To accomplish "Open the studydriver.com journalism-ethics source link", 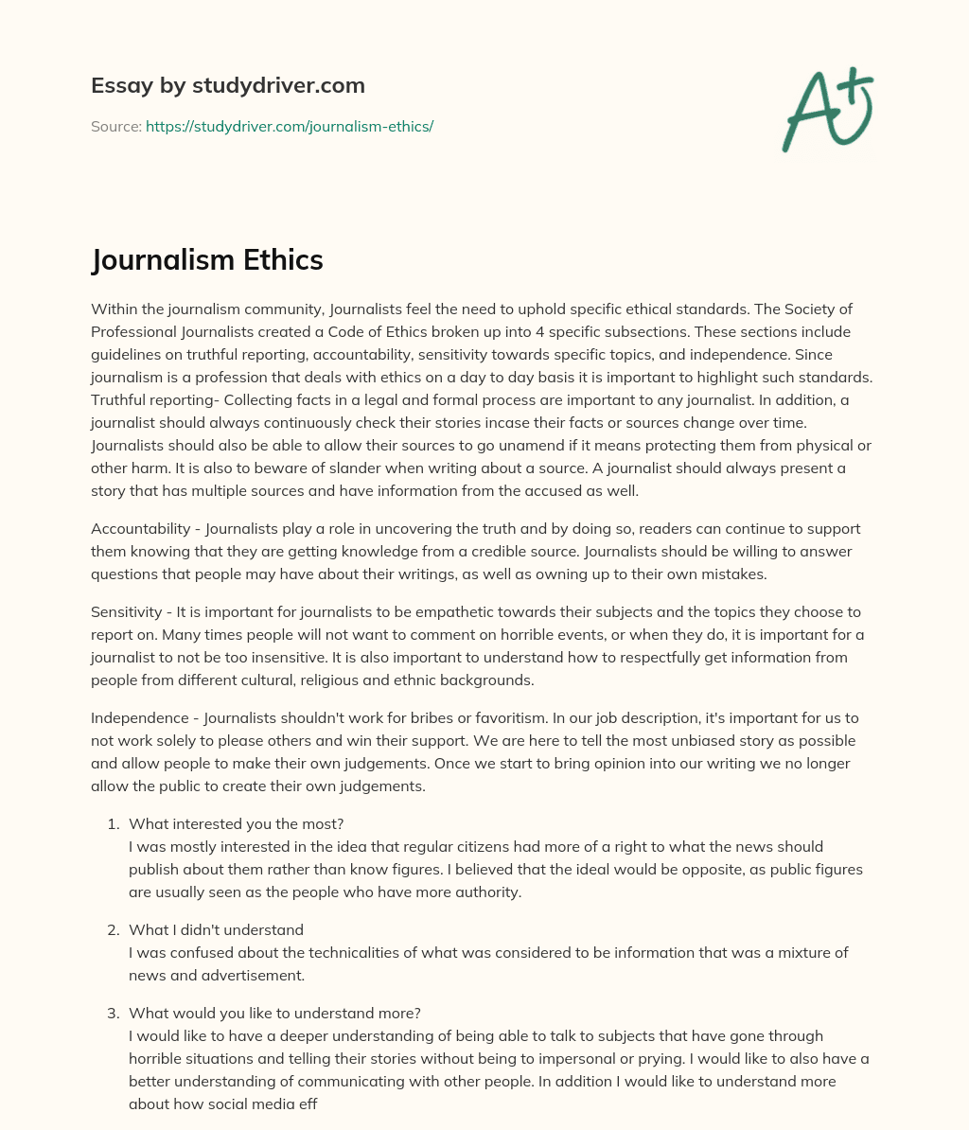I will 289,126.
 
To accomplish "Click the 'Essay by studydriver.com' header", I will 227,85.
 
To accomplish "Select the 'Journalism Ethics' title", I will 207,259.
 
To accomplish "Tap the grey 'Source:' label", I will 115,126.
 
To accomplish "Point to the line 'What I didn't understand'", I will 216,929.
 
